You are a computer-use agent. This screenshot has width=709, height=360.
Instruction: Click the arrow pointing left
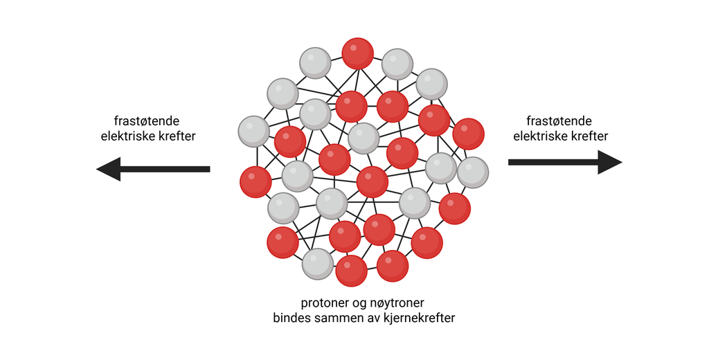click(x=153, y=168)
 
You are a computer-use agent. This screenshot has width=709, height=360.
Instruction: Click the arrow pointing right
click(x=564, y=162)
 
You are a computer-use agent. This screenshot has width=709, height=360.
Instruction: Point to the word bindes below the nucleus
click(x=293, y=318)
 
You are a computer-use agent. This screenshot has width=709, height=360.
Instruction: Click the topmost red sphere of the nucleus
click(x=358, y=53)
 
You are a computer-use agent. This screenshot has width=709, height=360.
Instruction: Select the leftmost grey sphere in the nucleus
click(x=253, y=131)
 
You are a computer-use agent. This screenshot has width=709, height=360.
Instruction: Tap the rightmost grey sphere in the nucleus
click(x=473, y=172)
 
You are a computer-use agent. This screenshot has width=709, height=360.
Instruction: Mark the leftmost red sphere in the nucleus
click(x=255, y=181)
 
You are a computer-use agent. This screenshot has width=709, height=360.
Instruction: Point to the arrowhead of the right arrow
click(x=610, y=162)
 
